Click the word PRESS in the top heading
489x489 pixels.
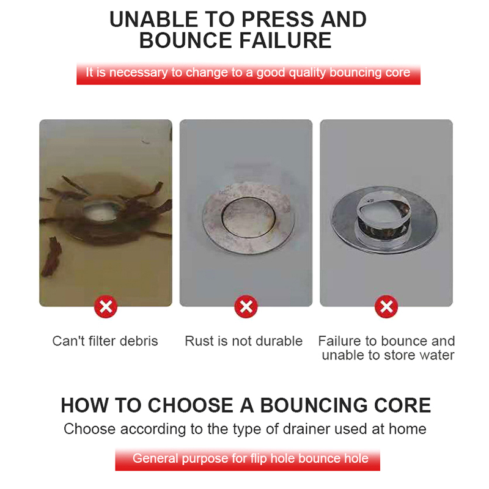pyautogui.click(x=278, y=20)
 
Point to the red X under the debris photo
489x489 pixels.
pyautogui.click(x=106, y=307)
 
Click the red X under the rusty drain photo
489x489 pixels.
pyautogui.click(x=246, y=307)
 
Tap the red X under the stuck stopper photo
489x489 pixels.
pyautogui.click(x=386, y=307)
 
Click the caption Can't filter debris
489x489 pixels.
pyautogui.click(x=105, y=341)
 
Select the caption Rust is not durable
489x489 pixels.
pyautogui.click(x=243, y=341)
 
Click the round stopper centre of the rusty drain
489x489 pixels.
pyautogui.click(x=249, y=216)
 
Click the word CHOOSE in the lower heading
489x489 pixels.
pyautogui.click(x=190, y=405)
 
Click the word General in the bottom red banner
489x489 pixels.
pyautogui.click(x=155, y=459)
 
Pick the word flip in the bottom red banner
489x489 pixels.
pyautogui.click(x=259, y=459)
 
